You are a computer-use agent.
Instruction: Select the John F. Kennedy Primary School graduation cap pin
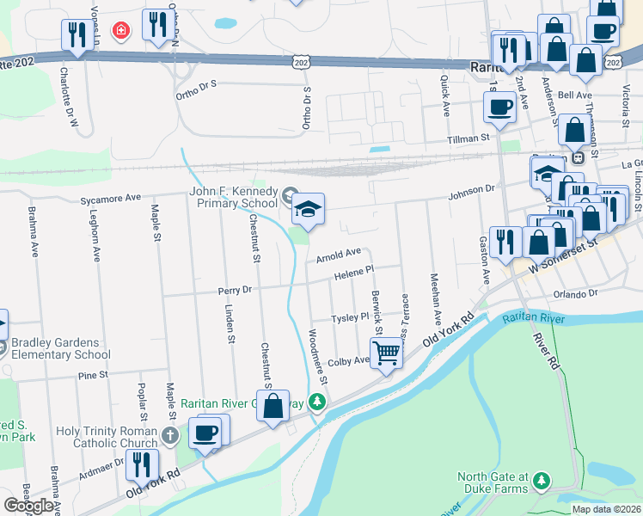pos(308,208)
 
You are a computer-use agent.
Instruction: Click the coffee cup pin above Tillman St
pos(499,107)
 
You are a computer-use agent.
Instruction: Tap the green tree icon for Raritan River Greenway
pos(318,402)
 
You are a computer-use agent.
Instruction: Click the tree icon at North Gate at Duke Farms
pos(541,478)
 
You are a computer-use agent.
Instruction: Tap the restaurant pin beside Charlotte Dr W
pos(77,34)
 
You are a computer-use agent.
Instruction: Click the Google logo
pos(28,506)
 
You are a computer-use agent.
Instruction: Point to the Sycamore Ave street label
pos(110,198)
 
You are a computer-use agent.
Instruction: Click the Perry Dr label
pos(235,291)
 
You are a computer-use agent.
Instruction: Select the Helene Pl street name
pos(354,273)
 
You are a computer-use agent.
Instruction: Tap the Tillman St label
pos(468,138)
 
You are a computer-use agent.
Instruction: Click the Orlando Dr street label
pos(575,293)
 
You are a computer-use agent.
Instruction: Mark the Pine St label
pos(91,376)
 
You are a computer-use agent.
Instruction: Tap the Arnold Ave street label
pos(338,255)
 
